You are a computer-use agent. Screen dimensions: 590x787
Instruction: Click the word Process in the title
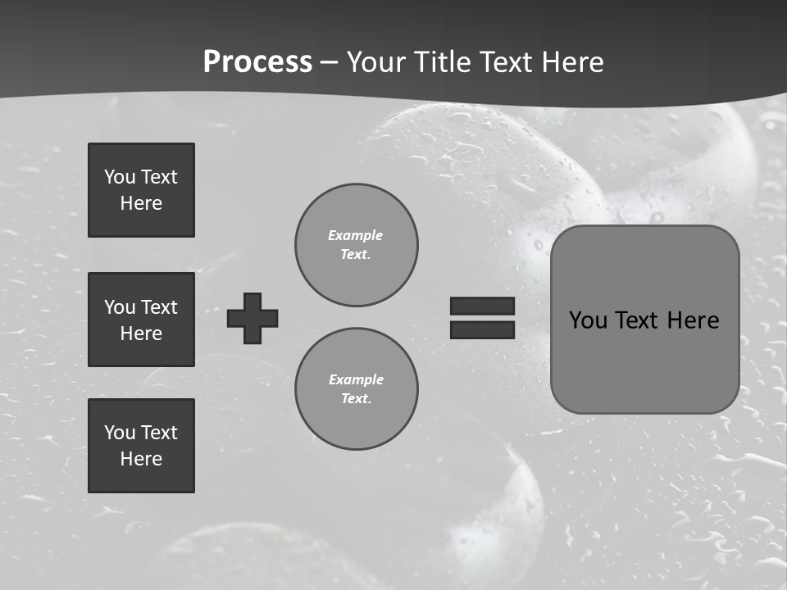[x=257, y=62]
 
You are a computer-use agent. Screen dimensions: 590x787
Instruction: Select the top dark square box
[x=141, y=190]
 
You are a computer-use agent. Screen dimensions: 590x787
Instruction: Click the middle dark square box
[x=141, y=320]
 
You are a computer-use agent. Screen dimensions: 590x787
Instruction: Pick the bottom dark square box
[x=141, y=446]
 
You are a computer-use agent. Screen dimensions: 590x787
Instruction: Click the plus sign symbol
[x=252, y=318]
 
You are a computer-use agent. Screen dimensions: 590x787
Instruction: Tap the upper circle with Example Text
[x=356, y=245]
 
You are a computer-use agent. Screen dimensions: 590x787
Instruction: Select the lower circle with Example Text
[x=356, y=389]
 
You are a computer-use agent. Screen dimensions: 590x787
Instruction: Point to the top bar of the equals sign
[x=482, y=306]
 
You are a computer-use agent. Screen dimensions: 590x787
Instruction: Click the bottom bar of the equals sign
[x=482, y=329]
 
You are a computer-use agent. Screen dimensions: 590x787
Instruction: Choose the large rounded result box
[x=644, y=320]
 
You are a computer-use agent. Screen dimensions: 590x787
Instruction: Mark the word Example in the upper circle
[x=355, y=235]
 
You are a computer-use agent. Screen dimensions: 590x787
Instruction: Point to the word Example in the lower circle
[x=356, y=379]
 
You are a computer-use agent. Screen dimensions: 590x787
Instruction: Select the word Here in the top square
[x=141, y=203]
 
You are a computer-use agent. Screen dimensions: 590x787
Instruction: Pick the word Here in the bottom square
[x=141, y=459]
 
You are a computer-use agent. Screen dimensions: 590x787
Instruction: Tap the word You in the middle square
[x=118, y=307]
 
